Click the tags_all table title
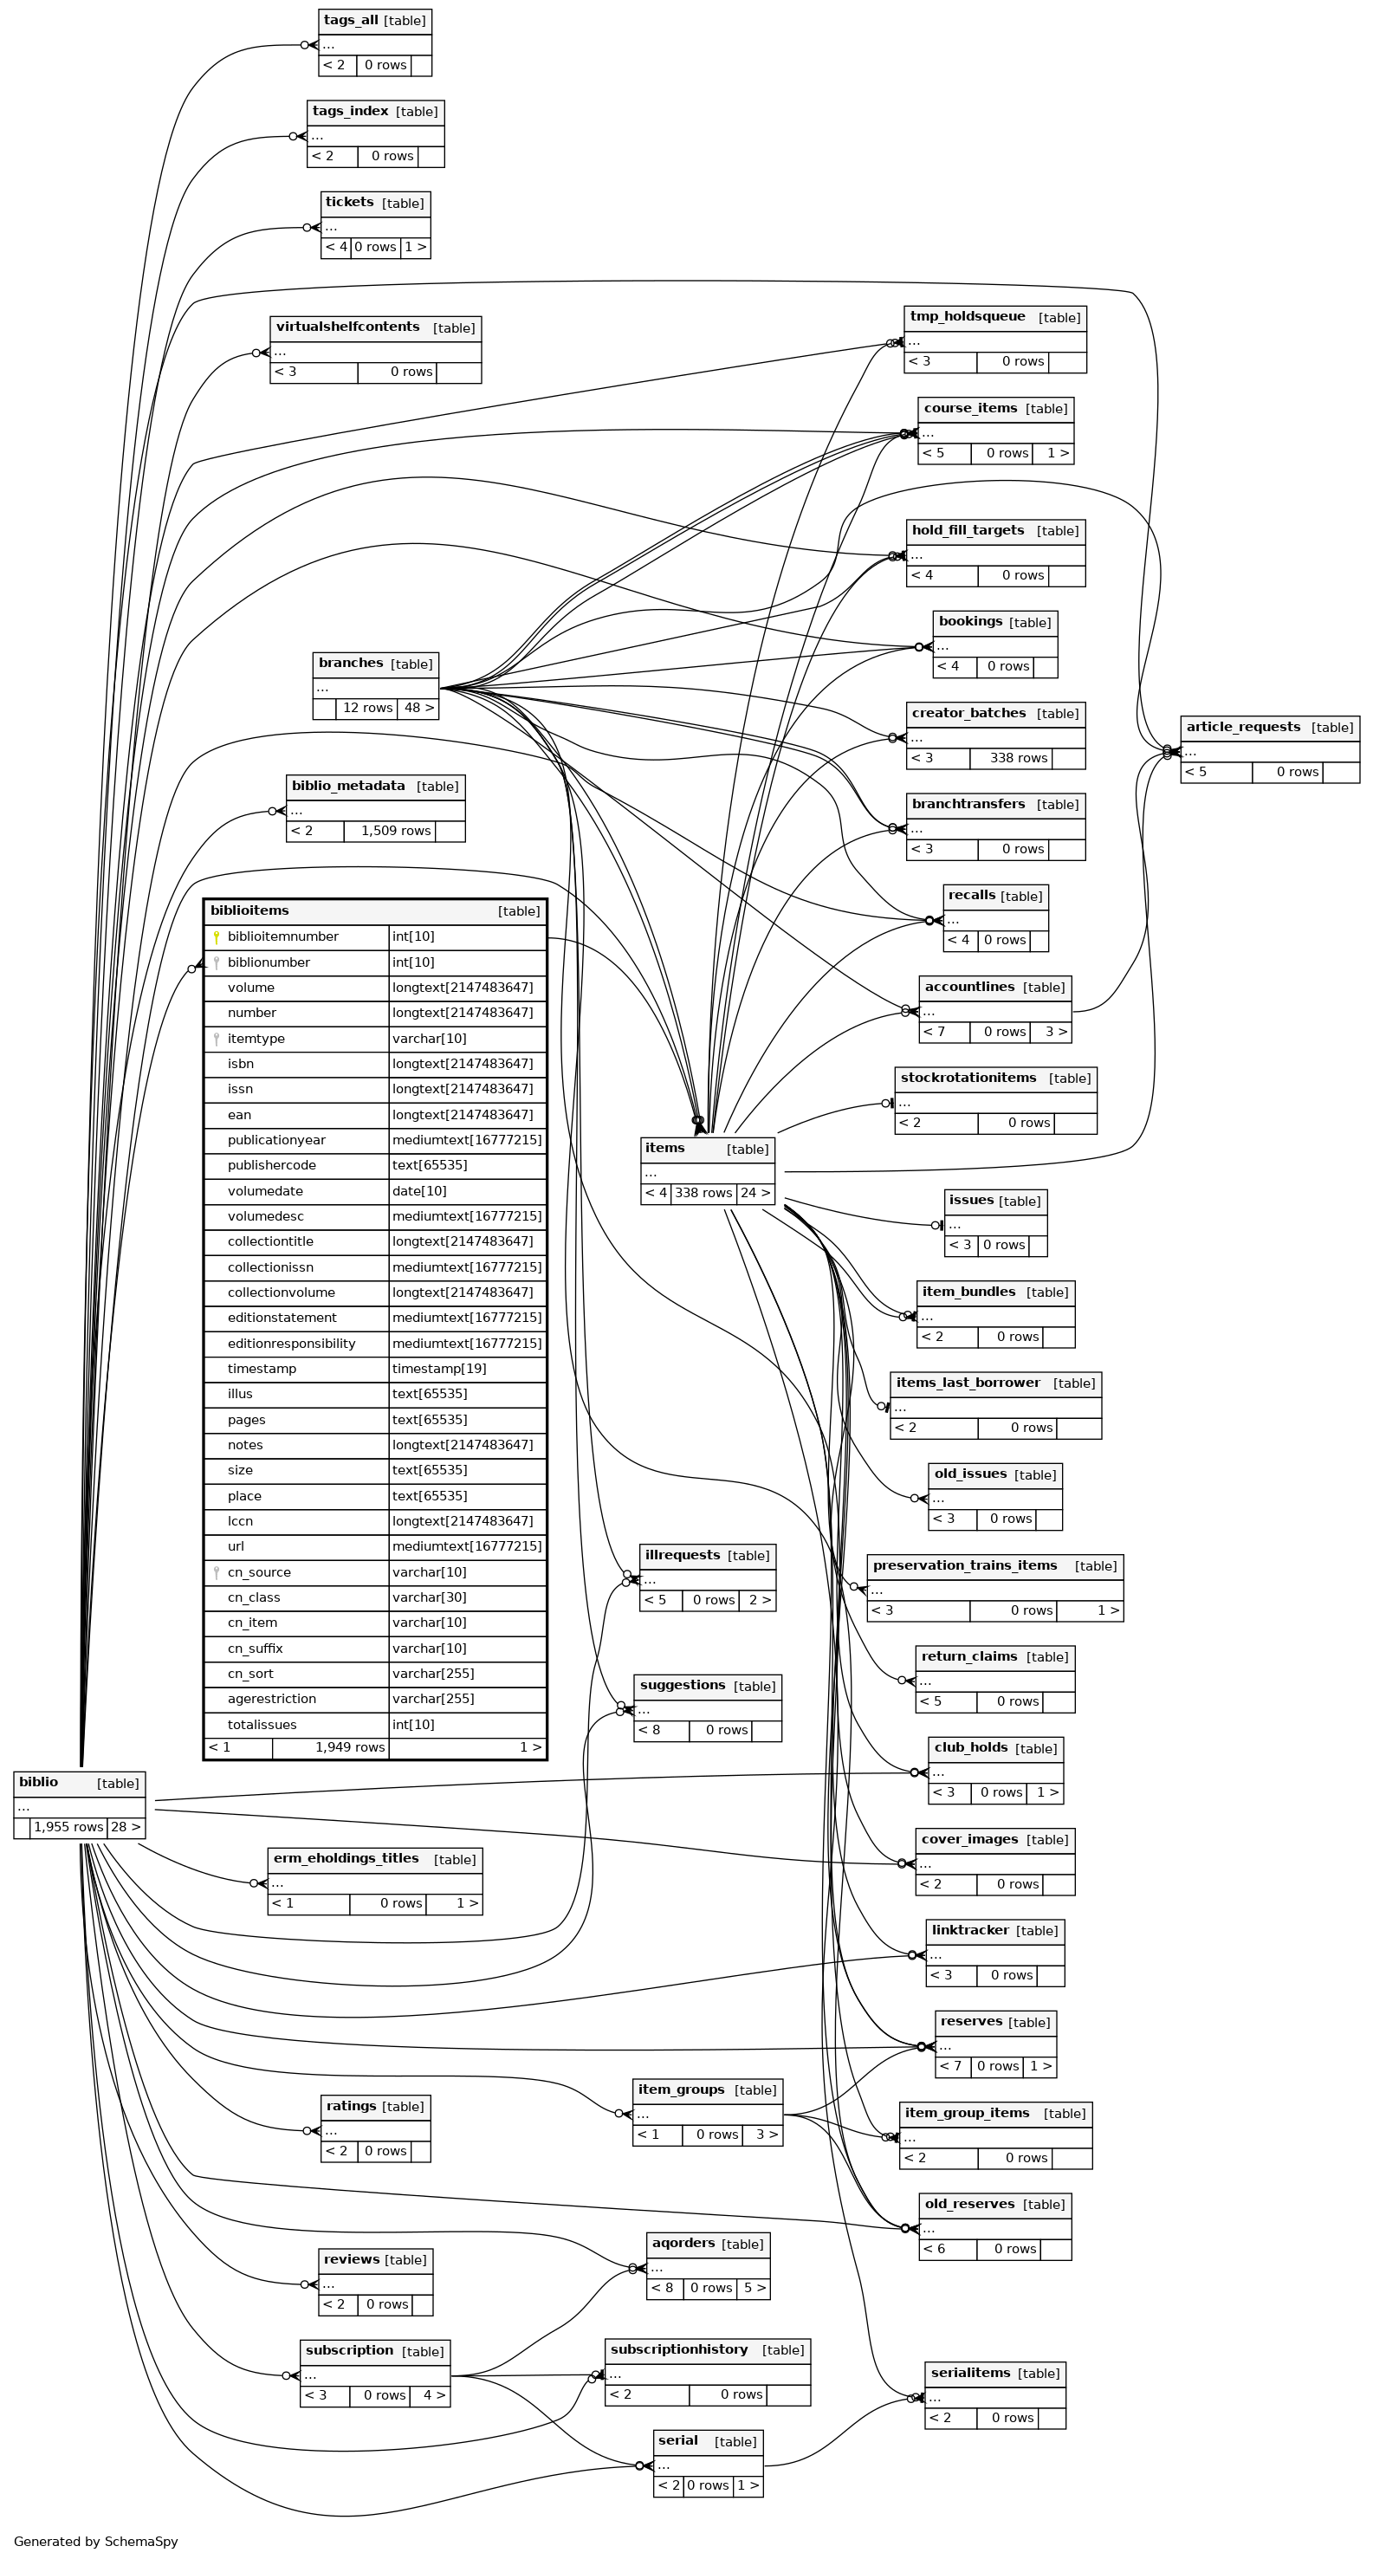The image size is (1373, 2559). click(351, 21)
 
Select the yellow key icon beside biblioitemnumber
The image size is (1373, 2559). click(216, 936)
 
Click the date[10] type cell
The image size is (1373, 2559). click(414, 1191)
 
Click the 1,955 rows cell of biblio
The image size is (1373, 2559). click(68, 1827)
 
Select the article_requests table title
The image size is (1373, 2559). click(1243, 727)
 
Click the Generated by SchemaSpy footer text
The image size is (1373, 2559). click(95, 2541)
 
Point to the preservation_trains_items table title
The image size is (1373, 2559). click(965, 1565)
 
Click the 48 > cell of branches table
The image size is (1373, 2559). click(418, 709)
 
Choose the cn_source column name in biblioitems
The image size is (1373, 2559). click(259, 1572)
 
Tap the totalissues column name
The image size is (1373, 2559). click(262, 1725)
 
